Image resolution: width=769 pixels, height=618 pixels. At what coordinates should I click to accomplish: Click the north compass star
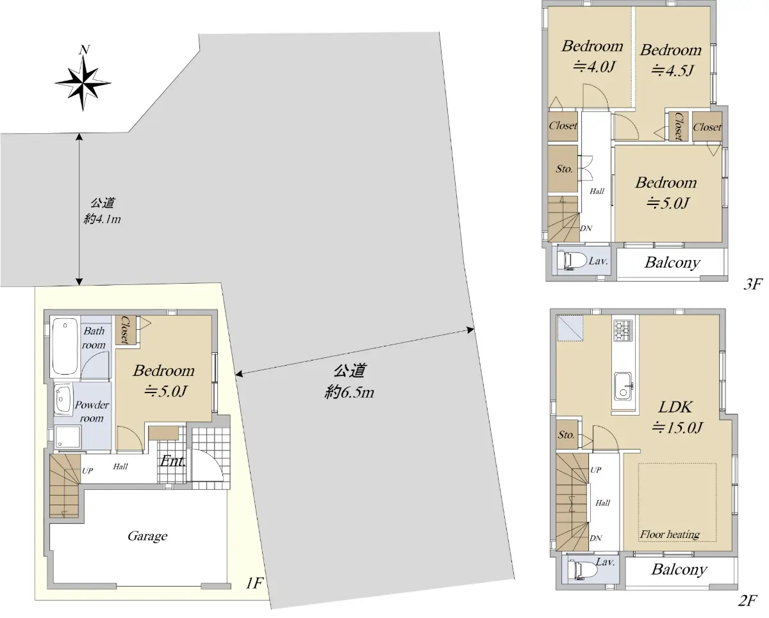83,83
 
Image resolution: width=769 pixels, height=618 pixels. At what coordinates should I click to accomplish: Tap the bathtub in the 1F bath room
65,346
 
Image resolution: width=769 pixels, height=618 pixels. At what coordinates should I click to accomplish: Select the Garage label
147,536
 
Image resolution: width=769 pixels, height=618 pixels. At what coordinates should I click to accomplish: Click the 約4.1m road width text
102,218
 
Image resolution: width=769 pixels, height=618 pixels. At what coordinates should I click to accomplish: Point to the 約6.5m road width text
349,393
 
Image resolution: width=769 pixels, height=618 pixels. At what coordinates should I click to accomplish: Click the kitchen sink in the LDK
623,387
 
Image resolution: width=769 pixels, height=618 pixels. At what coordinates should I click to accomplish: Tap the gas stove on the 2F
623,330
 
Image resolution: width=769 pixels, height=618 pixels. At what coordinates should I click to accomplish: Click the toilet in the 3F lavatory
572,261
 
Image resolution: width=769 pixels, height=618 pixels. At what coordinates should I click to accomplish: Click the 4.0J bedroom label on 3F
593,56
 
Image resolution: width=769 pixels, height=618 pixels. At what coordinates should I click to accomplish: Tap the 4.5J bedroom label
671,60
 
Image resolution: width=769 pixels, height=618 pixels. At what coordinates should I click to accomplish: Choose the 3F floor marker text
753,284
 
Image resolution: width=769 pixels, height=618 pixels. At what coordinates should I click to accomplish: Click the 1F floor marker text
254,583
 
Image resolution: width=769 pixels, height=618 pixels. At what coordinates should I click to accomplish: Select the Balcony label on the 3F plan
672,263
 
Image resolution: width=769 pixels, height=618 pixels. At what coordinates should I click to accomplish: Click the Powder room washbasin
63,398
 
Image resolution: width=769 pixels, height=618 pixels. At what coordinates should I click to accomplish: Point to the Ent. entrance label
172,461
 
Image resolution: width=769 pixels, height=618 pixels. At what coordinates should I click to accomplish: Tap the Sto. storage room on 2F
566,434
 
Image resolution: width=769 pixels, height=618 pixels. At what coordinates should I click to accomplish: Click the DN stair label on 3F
586,228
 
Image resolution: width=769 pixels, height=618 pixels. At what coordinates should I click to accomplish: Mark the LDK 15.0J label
676,418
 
